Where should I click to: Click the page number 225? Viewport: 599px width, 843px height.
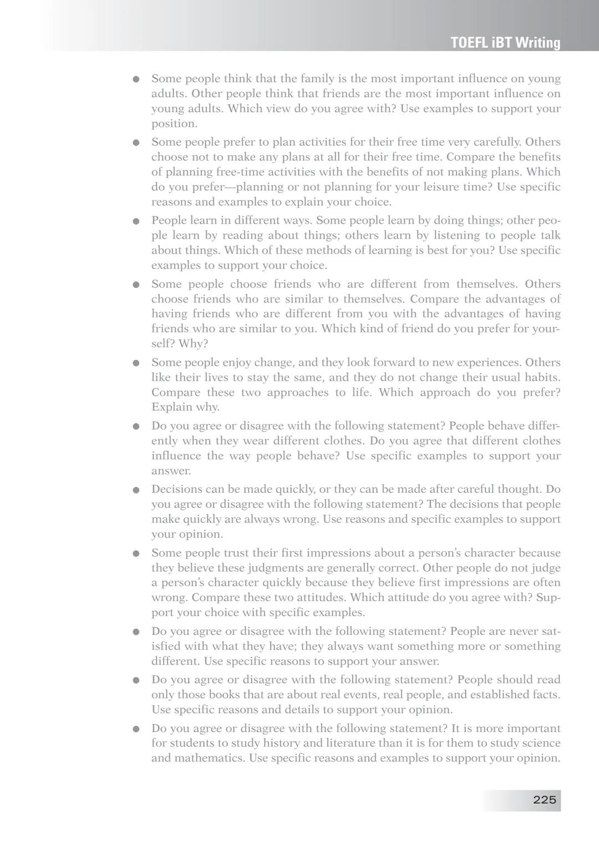tap(544, 800)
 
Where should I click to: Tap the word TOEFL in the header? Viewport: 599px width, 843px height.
tap(469, 43)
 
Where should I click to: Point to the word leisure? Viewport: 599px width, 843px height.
tap(425, 187)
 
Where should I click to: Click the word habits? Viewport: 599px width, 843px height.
tap(541, 377)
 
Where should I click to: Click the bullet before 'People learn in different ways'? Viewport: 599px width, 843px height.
tap(136, 221)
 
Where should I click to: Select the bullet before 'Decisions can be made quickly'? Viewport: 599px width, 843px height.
tap(136, 490)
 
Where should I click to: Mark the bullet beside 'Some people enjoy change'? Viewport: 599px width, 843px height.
tap(136, 364)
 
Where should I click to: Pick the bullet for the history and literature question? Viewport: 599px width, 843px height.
tap(136, 729)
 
